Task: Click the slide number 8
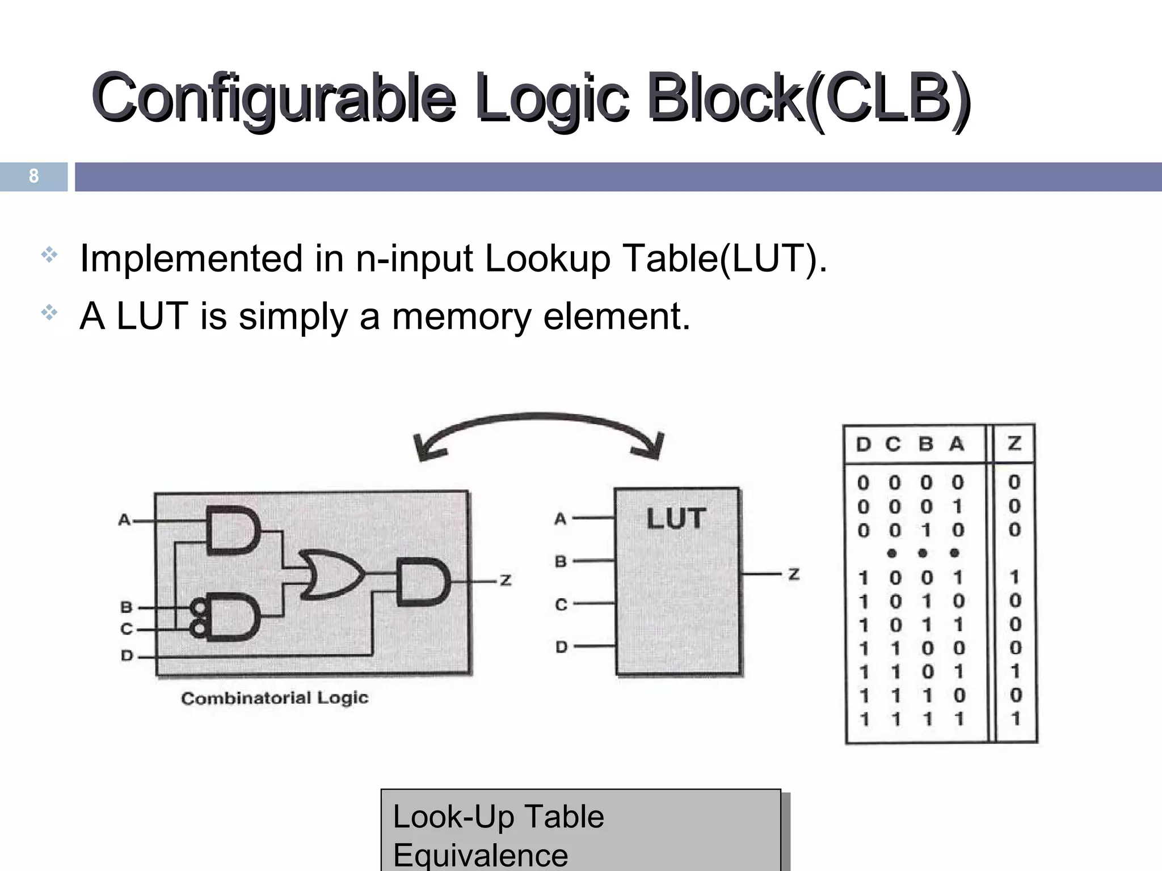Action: click(33, 176)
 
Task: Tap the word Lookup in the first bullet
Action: click(547, 259)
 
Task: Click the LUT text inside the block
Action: click(676, 519)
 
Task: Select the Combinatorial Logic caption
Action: click(275, 698)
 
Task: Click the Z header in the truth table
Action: click(1014, 443)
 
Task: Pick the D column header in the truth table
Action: click(863, 444)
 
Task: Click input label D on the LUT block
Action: click(561, 646)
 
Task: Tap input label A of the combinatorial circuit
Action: click(124, 519)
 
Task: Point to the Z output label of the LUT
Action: click(794, 574)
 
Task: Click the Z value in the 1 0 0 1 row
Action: click(1014, 577)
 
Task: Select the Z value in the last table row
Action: click(1015, 719)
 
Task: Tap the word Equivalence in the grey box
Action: click(480, 855)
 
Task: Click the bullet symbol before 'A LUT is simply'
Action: click(49, 312)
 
